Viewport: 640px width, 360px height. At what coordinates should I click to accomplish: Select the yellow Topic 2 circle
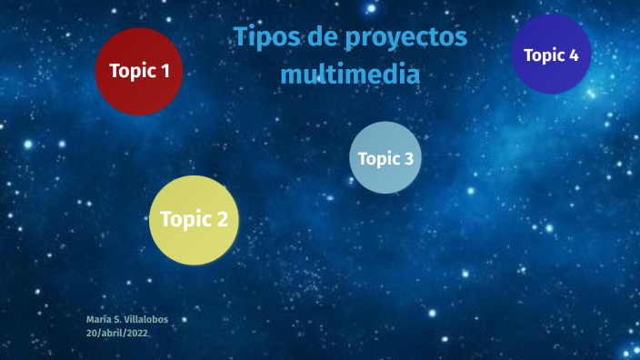click(194, 220)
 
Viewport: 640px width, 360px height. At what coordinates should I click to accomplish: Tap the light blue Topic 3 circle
click(385, 157)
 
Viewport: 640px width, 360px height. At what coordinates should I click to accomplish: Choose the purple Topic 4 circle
click(551, 54)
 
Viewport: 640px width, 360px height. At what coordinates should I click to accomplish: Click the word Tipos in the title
click(262, 38)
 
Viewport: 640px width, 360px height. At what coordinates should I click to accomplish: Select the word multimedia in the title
click(350, 74)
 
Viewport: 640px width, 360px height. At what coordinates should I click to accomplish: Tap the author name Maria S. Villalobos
click(126, 320)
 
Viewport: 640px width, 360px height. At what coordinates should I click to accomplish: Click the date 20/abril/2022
click(117, 334)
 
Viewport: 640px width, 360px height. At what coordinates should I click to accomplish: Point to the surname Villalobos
click(145, 320)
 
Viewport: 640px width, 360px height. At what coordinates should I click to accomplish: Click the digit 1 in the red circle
click(165, 71)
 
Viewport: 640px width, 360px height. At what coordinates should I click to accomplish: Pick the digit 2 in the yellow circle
click(222, 219)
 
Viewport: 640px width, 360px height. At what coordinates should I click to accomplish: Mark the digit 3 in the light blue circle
click(408, 159)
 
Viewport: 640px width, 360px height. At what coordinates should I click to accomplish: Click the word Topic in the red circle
click(132, 71)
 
